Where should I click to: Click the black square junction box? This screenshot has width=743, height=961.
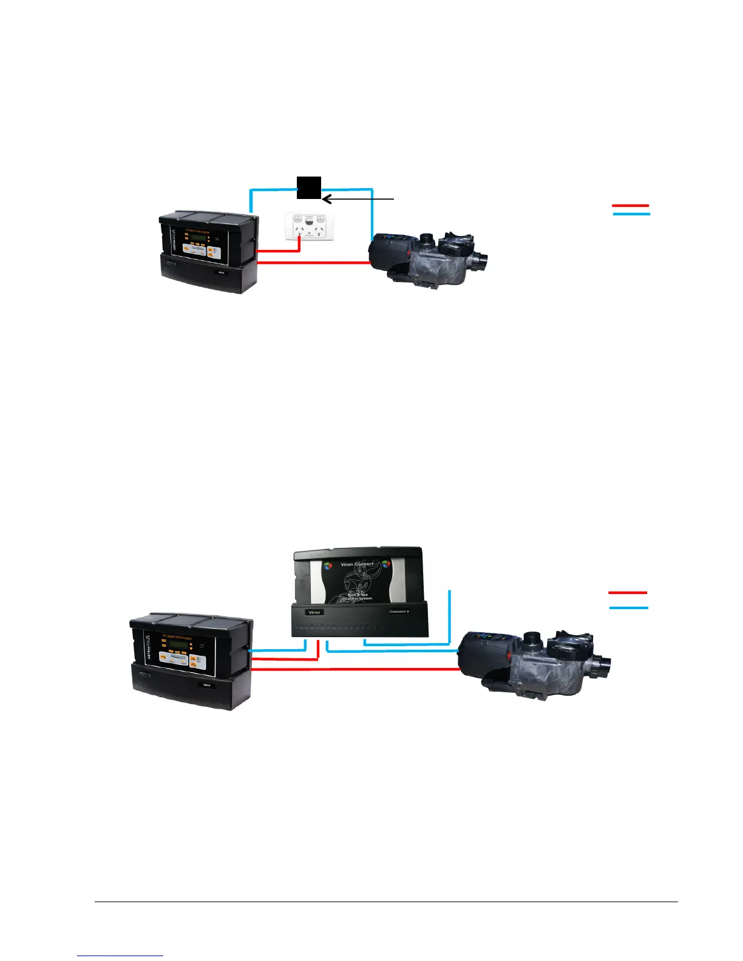(308, 187)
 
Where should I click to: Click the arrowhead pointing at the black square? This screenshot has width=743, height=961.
(326, 198)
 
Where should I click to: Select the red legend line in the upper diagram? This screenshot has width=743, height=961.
(631, 206)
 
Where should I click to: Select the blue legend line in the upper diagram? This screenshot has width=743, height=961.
(631, 214)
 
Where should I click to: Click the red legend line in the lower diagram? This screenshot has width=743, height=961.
(628, 592)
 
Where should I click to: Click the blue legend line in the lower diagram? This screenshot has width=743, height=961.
(628, 607)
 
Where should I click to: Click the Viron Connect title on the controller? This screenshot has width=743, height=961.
(357, 564)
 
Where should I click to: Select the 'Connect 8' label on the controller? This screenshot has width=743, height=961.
(399, 612)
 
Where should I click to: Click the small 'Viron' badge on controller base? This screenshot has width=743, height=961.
(314, 612)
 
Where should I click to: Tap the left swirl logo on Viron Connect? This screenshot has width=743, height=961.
(328, 566)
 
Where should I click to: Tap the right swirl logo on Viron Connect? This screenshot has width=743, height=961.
(385, 565)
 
